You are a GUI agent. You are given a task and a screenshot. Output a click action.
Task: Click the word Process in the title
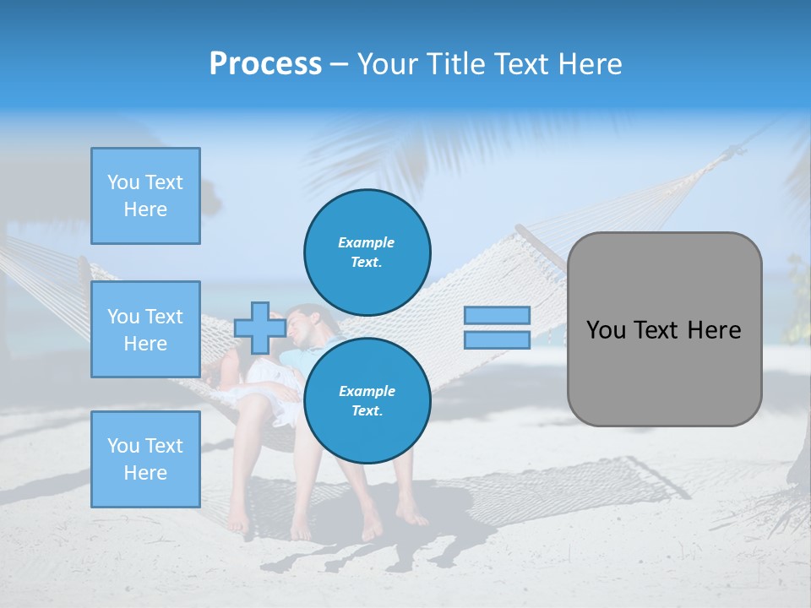pyautogui.click(x=265, y=64)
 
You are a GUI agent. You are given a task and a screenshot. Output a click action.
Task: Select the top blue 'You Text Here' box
pyautogui.click(x=145, y=196)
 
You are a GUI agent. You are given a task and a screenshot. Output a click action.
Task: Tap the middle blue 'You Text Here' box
pyautogui.click(x=145, y=329)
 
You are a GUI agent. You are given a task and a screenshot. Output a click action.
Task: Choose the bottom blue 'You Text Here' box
pyautogui.click(x=145, y=459)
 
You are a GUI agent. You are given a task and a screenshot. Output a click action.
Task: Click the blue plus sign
pyautogui.click(x=259, y=328)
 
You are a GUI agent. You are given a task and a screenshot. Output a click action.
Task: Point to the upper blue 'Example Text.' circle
pyautogui.click(x=367, y=252)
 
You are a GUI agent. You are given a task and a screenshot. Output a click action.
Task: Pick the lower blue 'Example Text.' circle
pyautogui.click(x=367, y=401)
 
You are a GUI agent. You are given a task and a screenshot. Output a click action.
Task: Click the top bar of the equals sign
pyautogui.click(x=497, y=315)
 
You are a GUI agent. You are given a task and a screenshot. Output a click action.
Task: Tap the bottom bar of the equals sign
pyautogui.click(x=497, y=339)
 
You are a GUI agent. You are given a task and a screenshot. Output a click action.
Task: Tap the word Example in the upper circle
pyautogui.click(x=366, y=242)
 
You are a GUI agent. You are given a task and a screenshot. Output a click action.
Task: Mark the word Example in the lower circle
pyautogui.click(x=366, y=391)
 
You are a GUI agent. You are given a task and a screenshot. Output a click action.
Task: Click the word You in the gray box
pyautogui.click(x=605, y=330)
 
